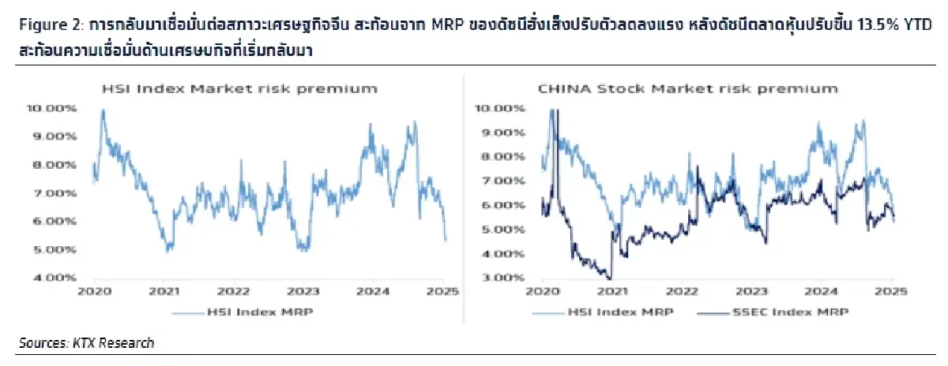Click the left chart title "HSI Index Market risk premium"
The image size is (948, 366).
point(236,88)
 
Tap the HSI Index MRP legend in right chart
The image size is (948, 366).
point(615,312)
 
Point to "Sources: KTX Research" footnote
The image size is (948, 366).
point(87,342)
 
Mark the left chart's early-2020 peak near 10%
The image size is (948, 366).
point(102,110)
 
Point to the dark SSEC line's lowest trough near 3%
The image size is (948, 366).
point(608,278)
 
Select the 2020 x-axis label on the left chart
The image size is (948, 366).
point(95,291)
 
